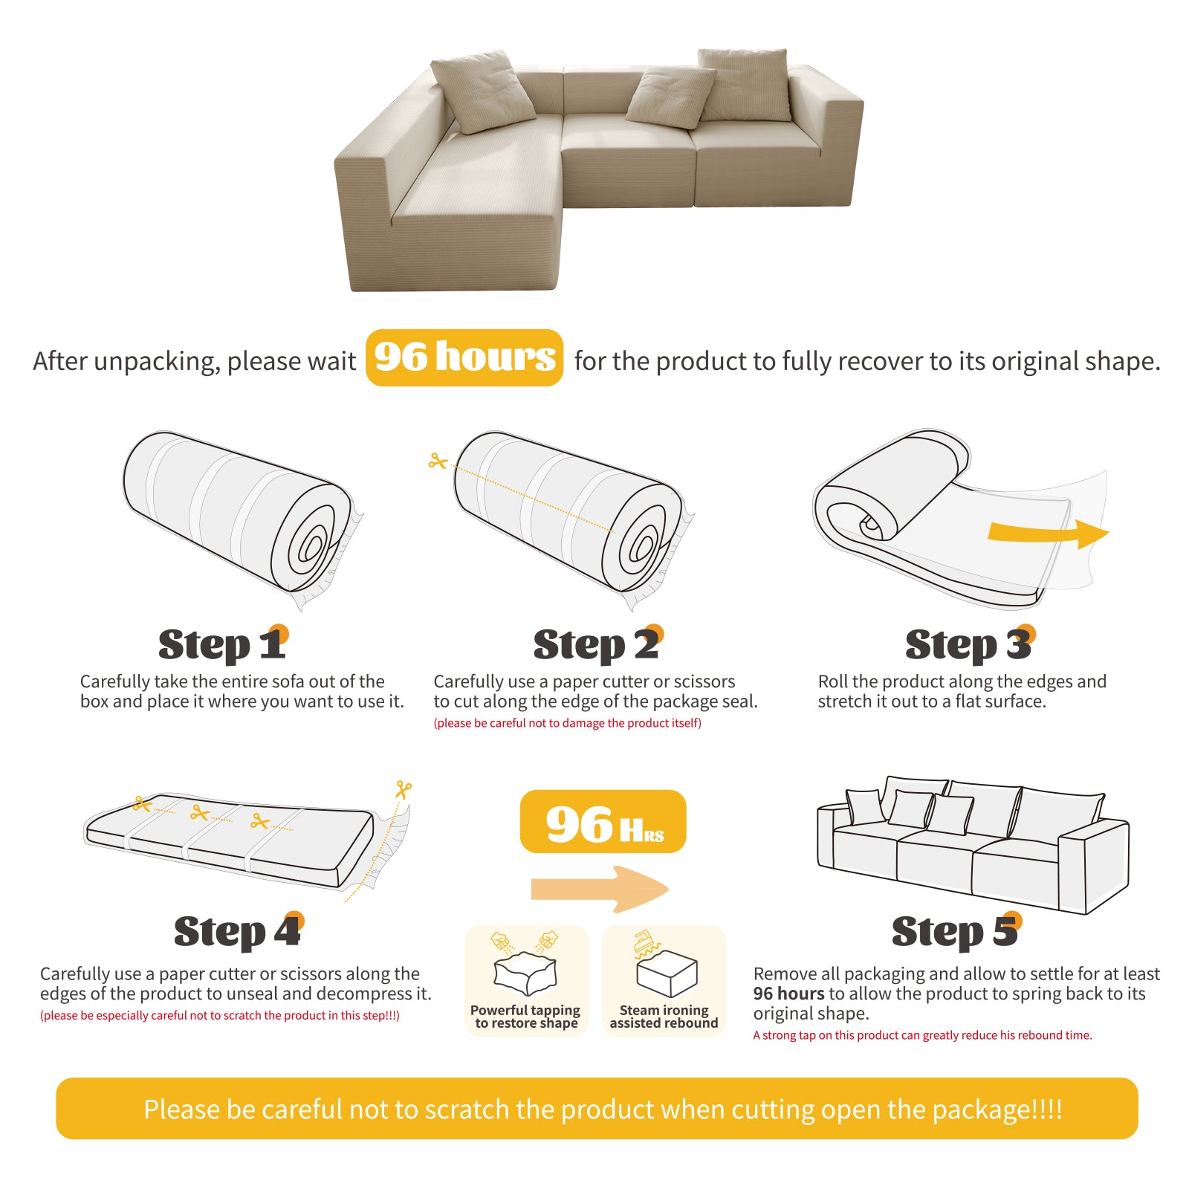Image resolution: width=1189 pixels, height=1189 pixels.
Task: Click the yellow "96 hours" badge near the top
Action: coord(464,357)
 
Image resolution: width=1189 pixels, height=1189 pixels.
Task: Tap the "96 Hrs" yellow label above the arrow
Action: coord(603,821)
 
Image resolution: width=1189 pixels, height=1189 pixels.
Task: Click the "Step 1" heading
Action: coord(223,644)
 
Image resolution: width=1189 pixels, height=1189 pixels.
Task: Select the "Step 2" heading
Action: coord(598,644)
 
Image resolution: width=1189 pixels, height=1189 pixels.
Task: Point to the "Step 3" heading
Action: coord(970,644)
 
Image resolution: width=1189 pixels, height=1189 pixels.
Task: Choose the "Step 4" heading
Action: coord(239,931)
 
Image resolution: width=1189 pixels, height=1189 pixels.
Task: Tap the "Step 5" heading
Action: coord(956,931)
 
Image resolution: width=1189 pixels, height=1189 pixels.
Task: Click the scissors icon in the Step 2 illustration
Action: coord(438,461)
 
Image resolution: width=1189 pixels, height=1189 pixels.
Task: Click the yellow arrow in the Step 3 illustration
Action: coord(1048,532)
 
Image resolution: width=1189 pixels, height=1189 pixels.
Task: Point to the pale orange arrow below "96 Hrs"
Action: coord(600,889)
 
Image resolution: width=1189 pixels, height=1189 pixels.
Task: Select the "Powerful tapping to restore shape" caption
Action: coord(525,1017)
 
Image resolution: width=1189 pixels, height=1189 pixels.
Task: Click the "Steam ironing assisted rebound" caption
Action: coord(664,1017)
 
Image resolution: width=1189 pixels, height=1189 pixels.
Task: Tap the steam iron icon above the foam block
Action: coord(646,942)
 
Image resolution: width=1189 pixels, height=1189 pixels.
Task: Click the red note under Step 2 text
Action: coord(567,723)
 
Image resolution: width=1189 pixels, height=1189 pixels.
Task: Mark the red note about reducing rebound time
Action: coord(922,1035)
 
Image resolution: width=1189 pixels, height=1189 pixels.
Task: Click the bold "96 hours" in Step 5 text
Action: coord(788,994)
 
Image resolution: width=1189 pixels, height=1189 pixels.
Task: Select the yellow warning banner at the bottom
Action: coord(597,1109)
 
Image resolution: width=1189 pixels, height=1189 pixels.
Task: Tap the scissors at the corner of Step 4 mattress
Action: coord(404,789)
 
